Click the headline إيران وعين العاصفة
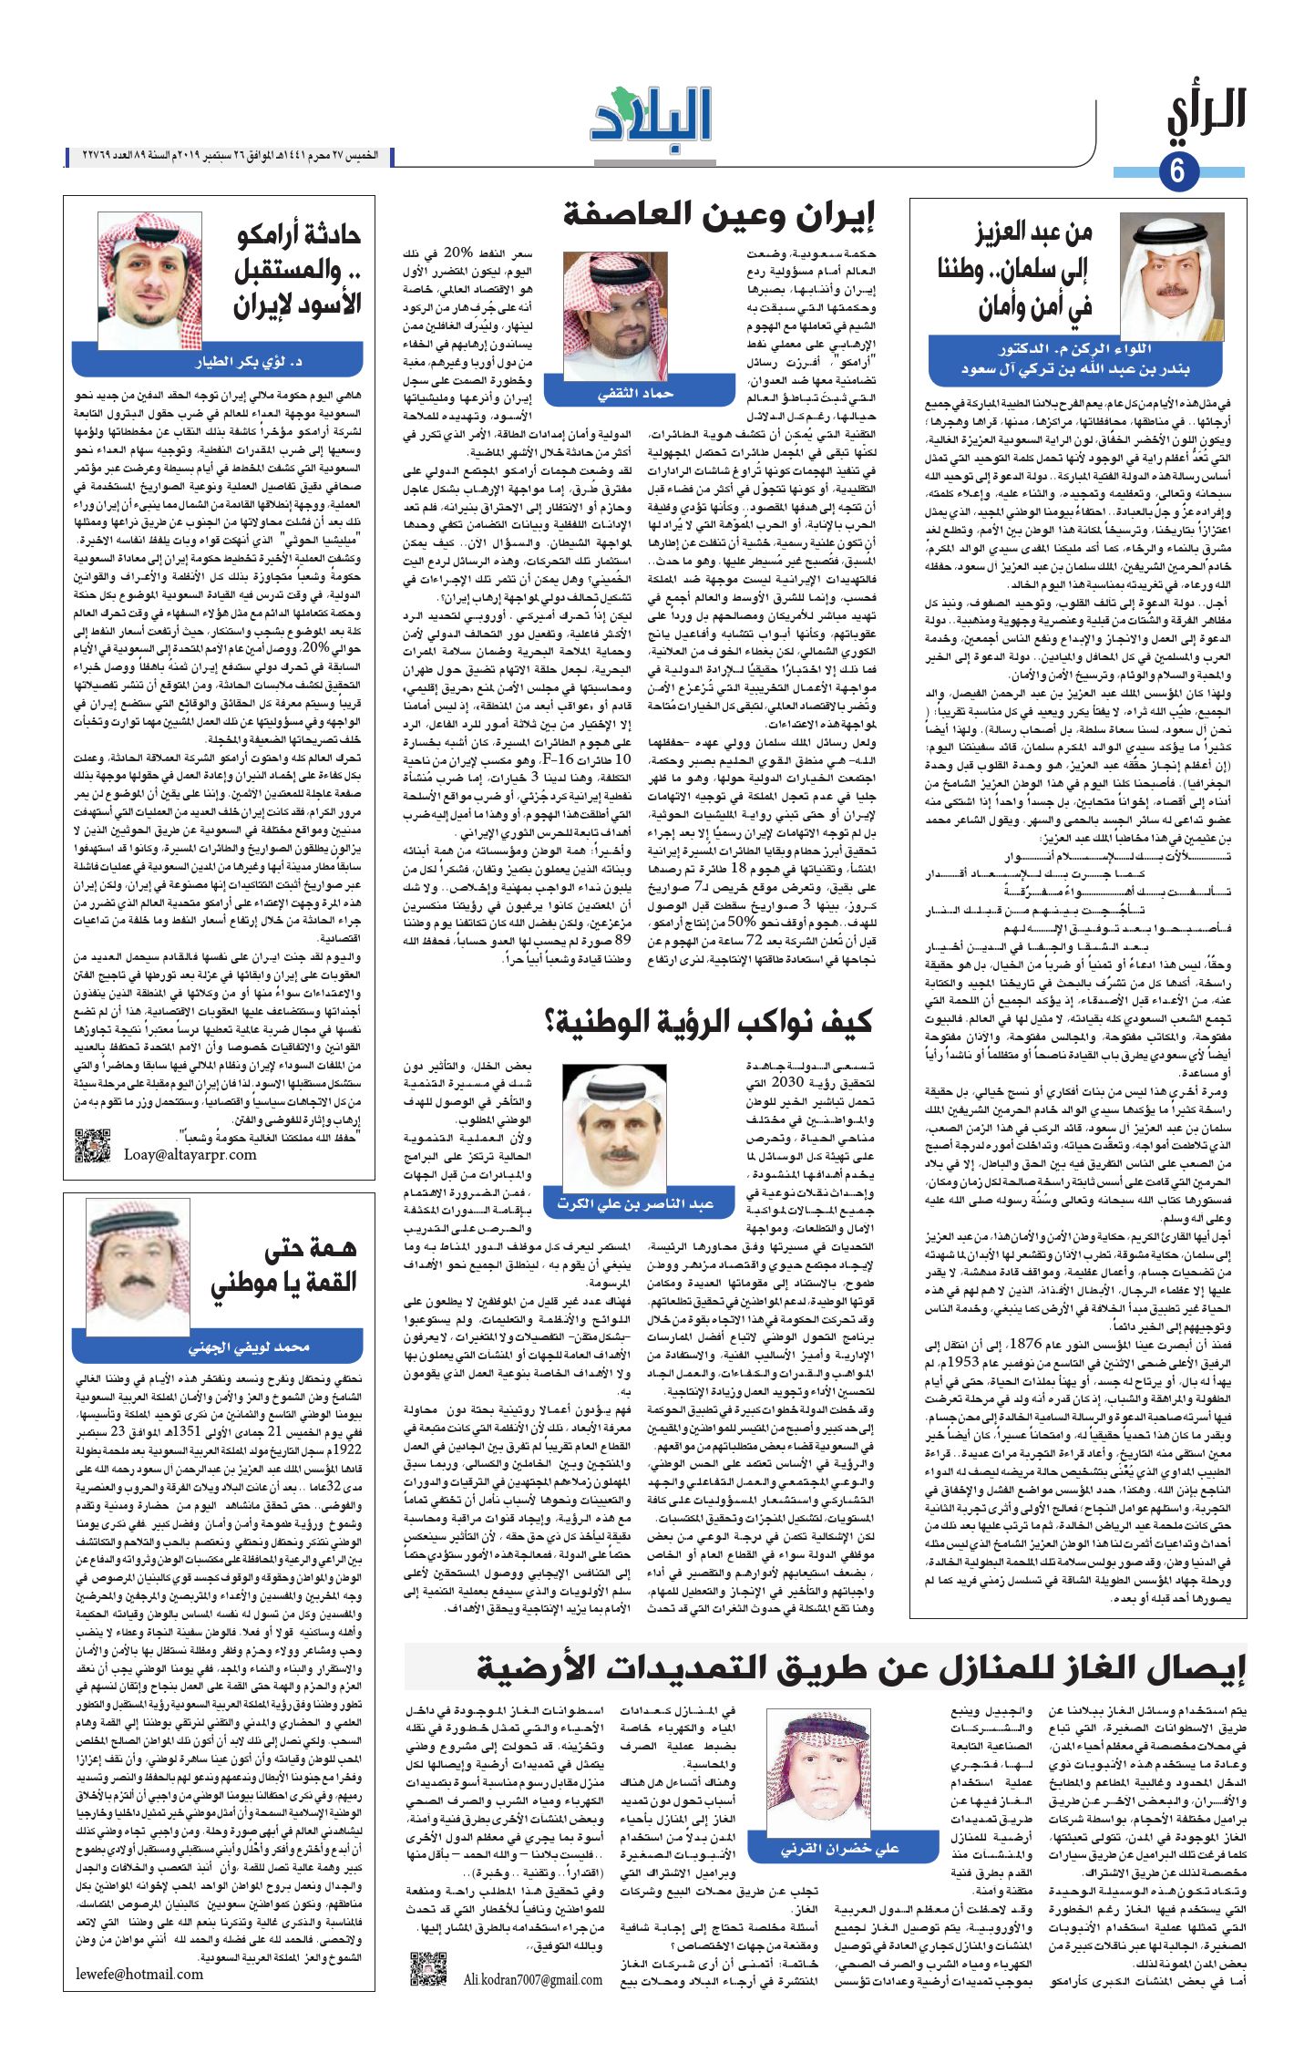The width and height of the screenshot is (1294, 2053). click(x=719, y=216)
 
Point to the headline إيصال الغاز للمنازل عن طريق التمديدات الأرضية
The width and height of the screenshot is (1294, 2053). click(x=860, y=1669)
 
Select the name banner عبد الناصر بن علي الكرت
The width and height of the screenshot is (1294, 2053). click(x=635, y=1204)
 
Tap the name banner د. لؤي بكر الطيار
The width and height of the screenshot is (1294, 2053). click(x=218, y=362)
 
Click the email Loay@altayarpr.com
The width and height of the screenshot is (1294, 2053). click(x=190, y=1154)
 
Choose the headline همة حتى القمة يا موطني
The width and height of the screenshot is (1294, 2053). click(x=283, y=1266)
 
